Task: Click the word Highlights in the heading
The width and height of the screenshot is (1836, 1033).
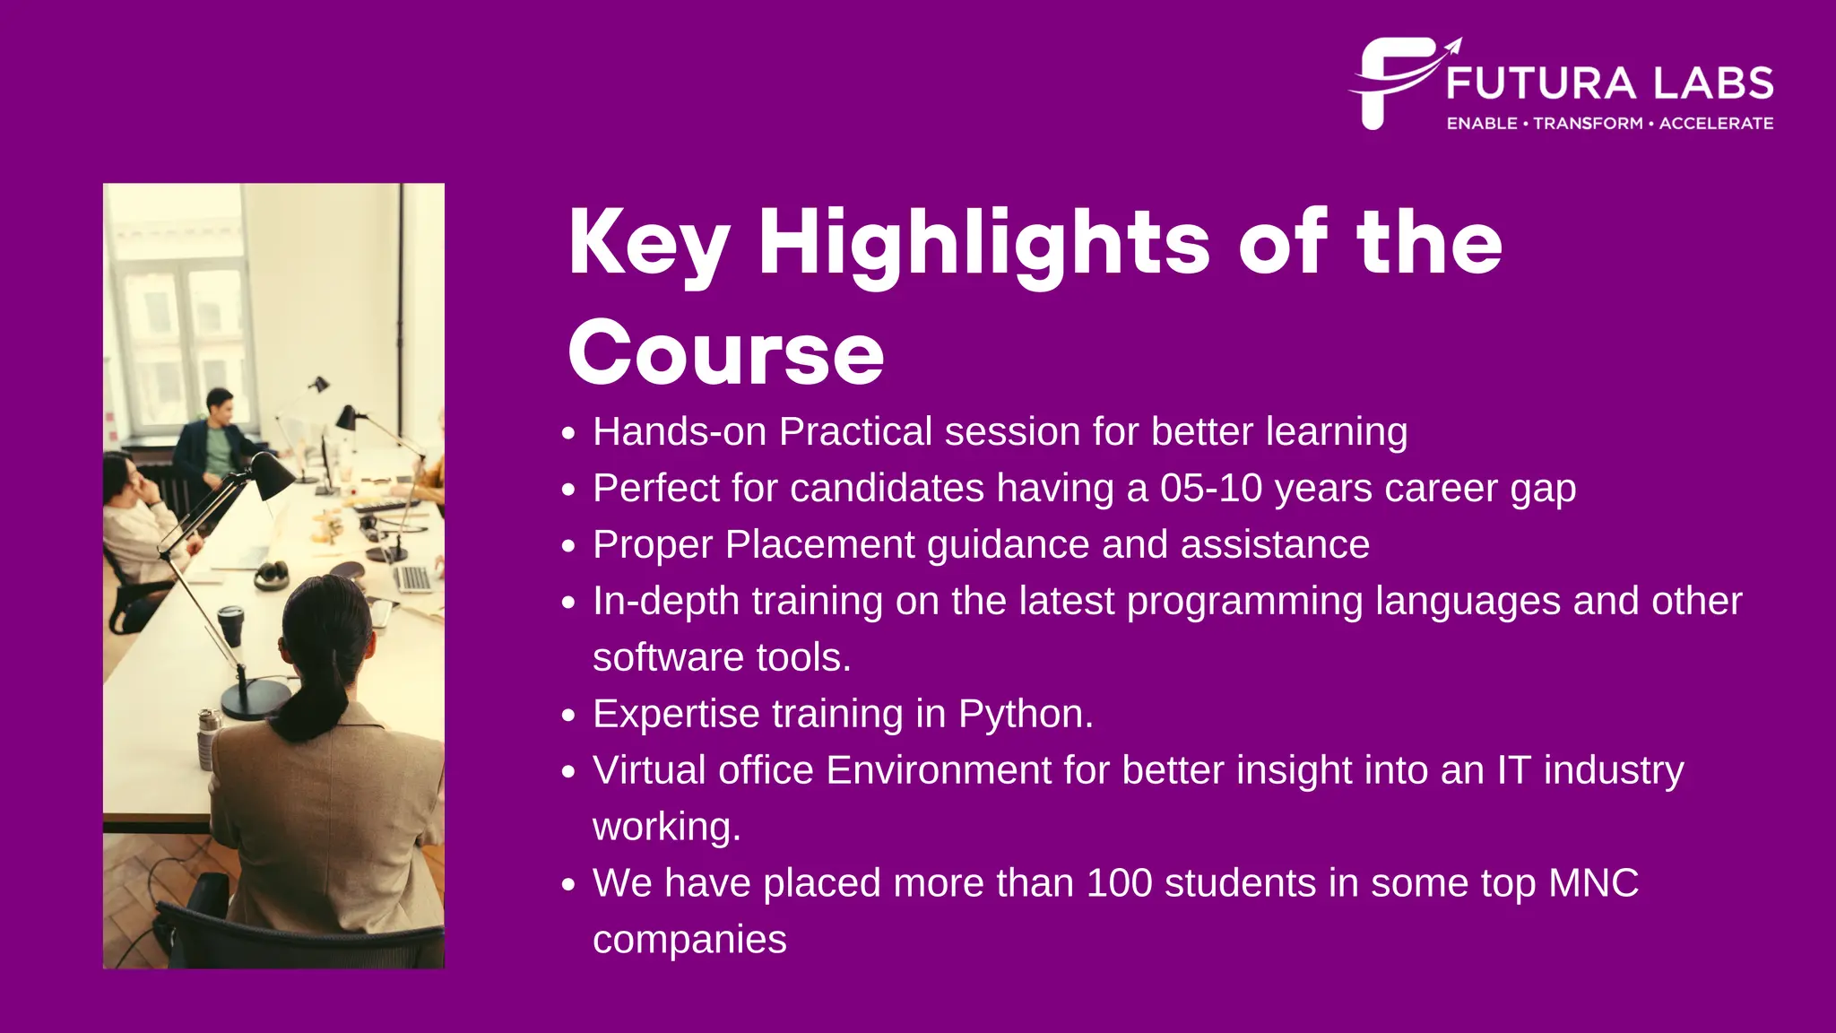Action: [x=984, y=244]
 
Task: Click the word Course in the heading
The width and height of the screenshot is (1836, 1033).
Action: [x=726, y=353]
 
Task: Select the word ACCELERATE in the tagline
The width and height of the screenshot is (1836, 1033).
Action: [x=1716, y=124]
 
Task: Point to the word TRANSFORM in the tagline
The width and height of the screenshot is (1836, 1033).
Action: [x=1588, y=124]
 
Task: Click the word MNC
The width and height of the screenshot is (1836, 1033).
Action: [x=1593, y=883]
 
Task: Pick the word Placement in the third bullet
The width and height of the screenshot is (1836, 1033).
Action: [x=819, y=545]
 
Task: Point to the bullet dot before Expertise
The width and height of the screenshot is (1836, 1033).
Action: [x=567, y=716]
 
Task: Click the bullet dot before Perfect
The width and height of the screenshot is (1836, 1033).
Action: [x=567, y=490]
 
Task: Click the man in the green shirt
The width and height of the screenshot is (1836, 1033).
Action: [x=215, y=439]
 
